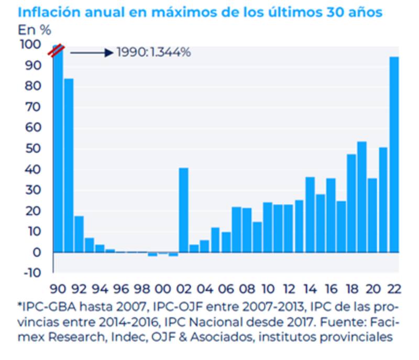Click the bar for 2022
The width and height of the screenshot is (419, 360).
pos(393,155)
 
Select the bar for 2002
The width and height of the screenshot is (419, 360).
pos(183,210)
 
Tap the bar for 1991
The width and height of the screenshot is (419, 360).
pos(68,165)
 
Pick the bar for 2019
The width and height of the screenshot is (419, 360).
pos(362,197)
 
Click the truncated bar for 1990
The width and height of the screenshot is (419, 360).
pos(58,152)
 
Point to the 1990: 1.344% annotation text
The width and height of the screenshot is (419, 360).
pos(153,52)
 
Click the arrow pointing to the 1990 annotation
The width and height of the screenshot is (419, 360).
pos(92,52)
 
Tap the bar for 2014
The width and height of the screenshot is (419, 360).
pos(310,215)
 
